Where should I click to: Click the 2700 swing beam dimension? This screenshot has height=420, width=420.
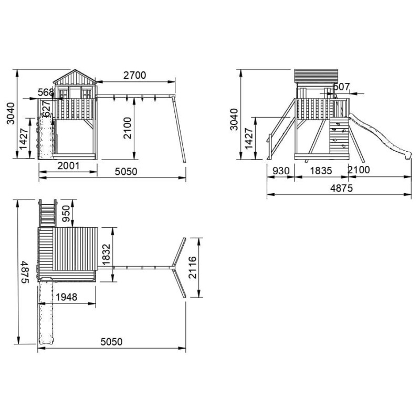tap(135, 76)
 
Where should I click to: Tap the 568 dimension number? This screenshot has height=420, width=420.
tap(46, 92)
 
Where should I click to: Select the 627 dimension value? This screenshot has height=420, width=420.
tap(46, 109)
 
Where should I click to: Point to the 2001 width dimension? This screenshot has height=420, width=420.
tap(69, 166)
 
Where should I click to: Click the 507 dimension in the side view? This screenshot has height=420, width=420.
tap(342, 87)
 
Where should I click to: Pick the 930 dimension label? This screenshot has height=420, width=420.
tap(281, 171)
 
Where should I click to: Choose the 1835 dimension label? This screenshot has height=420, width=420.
tap(321, 171)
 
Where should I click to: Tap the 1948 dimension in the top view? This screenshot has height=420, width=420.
tap(67, 297)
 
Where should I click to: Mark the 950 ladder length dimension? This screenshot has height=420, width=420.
tap(66, 214)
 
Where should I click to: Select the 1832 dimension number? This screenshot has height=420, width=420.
tap(107, 254)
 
